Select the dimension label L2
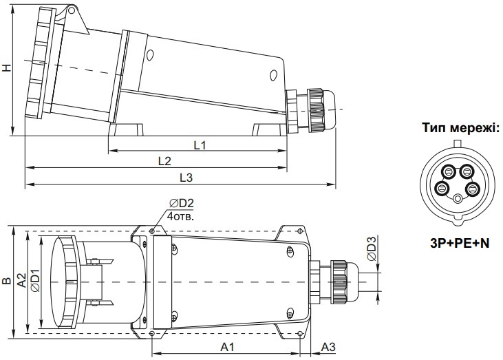coord(164,160)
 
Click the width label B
coord(6,281)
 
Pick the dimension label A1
coord(228,346)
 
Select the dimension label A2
coord(21,281)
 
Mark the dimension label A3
coord(329,346)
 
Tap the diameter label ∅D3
coord(370,248)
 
